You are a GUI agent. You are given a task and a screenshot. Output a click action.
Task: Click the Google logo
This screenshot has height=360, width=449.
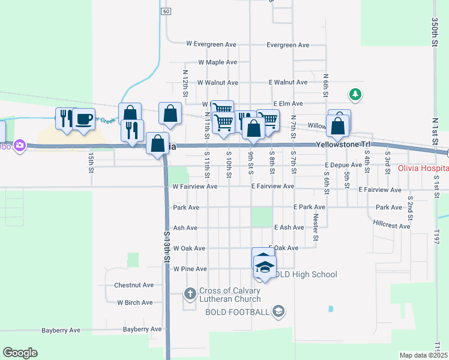[20, 353]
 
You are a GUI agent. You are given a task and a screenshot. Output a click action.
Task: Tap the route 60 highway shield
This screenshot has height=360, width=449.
[166, 11]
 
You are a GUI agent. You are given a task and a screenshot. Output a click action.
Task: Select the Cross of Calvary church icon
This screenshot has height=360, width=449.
[190, 293]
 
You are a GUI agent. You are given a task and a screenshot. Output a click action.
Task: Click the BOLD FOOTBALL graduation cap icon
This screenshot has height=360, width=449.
[278, 311]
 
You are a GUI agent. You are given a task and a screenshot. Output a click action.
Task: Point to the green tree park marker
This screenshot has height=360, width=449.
[356, 94]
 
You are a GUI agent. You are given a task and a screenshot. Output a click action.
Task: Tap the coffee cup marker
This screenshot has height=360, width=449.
[83, 118]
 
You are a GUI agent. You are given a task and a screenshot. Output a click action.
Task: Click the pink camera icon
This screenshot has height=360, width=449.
[20, 145]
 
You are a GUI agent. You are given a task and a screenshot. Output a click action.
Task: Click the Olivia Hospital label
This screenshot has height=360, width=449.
[423, 169]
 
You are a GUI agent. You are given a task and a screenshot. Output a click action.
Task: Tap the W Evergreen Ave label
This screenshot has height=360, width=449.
[211, 44]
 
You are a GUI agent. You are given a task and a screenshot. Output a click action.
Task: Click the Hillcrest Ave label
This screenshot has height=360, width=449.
[391, 226]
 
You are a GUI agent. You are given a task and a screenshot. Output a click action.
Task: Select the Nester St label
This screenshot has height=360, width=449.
[315, 229]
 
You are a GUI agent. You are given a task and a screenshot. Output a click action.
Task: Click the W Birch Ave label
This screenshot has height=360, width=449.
[135, 303]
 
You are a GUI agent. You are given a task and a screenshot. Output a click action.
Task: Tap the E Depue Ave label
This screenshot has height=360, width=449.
[343, 165]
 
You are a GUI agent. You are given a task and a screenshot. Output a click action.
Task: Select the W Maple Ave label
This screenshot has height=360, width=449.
[217, 62]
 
